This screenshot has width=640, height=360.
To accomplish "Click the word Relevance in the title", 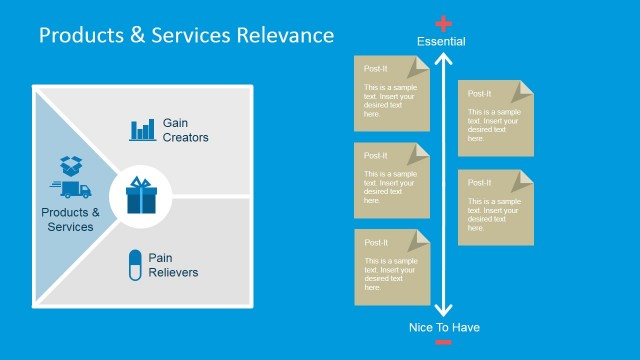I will [284, 35].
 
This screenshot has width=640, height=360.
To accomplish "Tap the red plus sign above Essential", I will [444, 22].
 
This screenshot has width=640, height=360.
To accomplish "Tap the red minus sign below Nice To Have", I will [444, 343].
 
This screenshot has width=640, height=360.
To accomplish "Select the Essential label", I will [441, 41].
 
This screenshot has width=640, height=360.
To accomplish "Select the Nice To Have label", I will [444, 327].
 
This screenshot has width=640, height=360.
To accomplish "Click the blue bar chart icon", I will [143, 129].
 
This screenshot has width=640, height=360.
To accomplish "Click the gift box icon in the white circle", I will [141, 194].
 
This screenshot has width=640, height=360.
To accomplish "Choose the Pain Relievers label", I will [173, 265].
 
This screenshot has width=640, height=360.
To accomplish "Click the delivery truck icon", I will [69, 189].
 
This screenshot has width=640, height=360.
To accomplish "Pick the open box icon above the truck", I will [70, 164].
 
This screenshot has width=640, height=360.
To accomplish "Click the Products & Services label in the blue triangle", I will [70, 219].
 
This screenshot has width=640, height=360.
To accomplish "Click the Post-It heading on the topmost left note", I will [376, 69].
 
